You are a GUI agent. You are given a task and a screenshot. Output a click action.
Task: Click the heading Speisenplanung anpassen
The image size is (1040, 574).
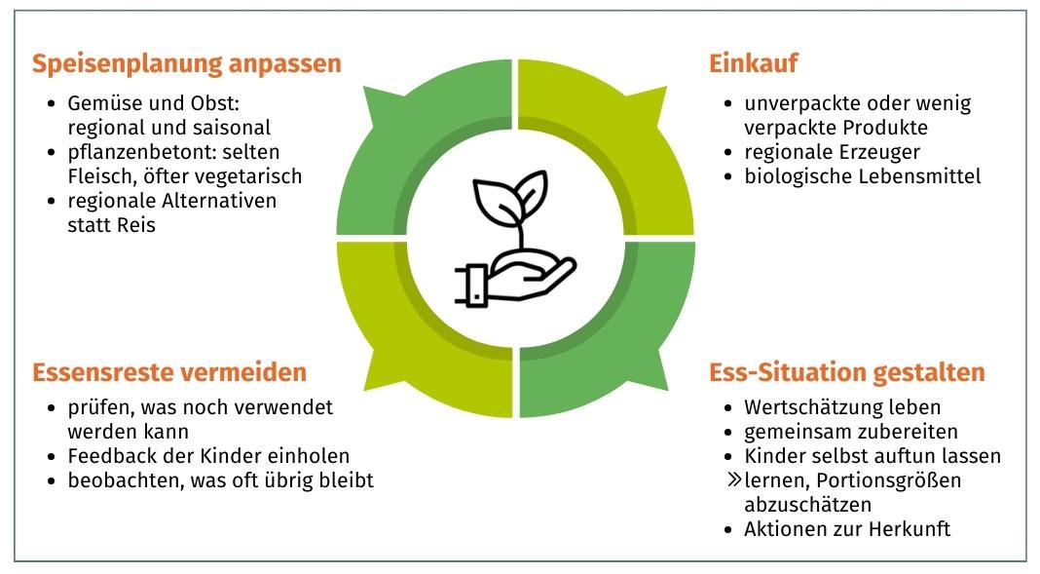tap(187, 64)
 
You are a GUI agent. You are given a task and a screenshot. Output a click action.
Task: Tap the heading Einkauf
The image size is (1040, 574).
tap(754, 64)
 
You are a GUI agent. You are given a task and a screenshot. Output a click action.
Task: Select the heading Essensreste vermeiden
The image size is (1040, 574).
tap(169, 372)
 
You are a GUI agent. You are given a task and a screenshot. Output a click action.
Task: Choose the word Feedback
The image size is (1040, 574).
tap(109, 455)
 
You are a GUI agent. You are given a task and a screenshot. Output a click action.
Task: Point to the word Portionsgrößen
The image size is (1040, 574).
tap(900, 480)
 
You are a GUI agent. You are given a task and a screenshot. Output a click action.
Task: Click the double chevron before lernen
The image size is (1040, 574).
tap(733, 480)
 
